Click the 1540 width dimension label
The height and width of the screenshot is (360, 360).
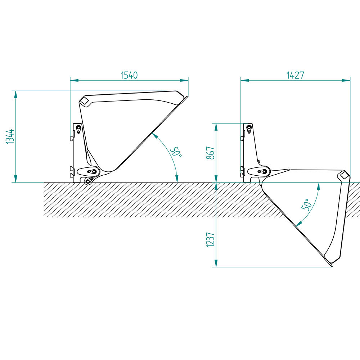click(129, 75)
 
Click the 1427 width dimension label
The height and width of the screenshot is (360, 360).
click(295, 75)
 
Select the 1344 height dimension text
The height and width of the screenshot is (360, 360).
click(10, 136)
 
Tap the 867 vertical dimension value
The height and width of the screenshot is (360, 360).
click(211, 153)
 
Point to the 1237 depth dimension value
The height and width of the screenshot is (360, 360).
click(211, 240)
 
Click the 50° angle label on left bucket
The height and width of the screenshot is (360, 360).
click(176, 152)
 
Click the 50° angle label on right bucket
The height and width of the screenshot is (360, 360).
click(307, 204)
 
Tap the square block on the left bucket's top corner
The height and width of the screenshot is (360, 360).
click(85, 101)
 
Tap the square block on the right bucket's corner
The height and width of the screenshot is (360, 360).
click(344, 175)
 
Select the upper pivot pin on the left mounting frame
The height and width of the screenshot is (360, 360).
click(78, 128)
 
